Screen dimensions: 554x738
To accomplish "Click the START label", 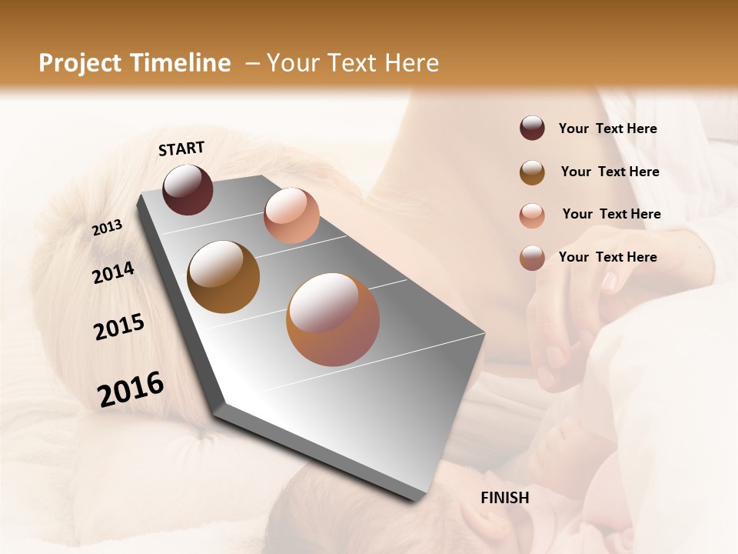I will click(181, 149).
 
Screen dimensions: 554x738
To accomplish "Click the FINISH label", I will click(504, 498).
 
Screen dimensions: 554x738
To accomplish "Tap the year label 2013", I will click(107, 227).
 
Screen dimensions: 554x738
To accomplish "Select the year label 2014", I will click(113, 273).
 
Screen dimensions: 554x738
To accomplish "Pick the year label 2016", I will click(131, 389).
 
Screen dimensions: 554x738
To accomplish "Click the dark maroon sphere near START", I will click(188, 189).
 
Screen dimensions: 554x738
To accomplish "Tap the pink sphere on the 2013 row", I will click(291, 215).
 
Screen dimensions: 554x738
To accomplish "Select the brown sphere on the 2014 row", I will click(224, 277).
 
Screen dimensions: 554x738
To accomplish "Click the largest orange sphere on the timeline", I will click(333, 319).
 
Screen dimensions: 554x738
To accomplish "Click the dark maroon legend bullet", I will click(532, 128).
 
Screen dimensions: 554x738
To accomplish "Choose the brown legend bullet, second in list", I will click(532, 172).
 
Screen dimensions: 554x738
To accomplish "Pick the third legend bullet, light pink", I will click(532, 215).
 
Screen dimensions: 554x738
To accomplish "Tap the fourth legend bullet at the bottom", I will click(532, 258).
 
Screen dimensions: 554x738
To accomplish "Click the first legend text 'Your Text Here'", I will click(607, 128).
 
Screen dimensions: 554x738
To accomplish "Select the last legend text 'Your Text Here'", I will click(607, 257).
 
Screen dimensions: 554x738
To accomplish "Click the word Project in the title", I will click(79, 63).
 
